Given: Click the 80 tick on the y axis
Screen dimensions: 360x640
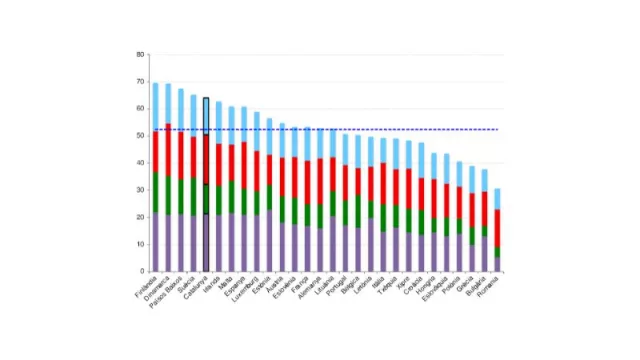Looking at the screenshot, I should pos(139,54).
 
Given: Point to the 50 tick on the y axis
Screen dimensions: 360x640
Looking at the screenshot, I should pos(139,135).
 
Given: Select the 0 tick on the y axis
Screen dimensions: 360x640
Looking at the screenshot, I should pos(141,270).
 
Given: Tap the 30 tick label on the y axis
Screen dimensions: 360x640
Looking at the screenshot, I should pos(139,189).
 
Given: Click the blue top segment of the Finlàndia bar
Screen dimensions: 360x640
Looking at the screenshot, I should pos(155,106).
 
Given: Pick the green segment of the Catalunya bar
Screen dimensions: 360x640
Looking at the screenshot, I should pos(206,199).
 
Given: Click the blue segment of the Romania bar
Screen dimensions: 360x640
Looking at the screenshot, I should pos(498,198).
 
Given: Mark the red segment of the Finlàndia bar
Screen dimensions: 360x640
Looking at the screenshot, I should pos(155,151).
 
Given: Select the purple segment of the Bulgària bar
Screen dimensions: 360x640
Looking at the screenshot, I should pos(485,253).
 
